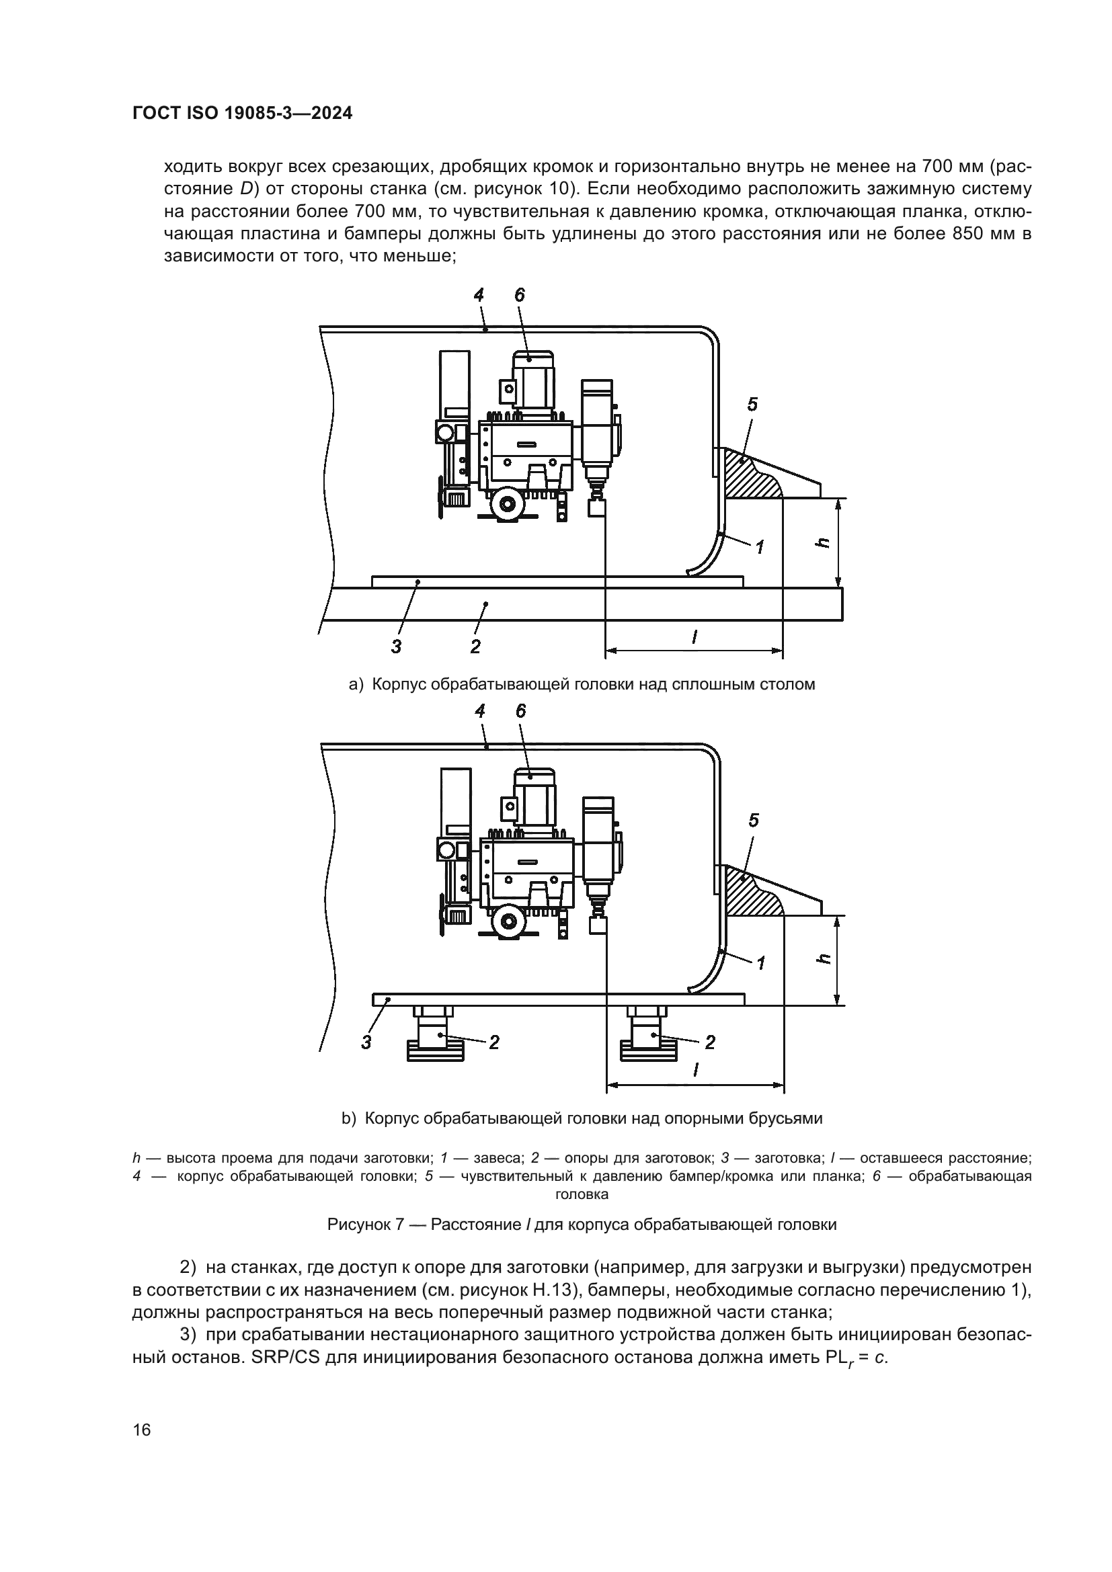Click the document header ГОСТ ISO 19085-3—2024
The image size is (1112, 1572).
coord(243,114)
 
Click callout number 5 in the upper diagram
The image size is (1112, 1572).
coord(752,405)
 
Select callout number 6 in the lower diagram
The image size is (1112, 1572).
coord(521,710)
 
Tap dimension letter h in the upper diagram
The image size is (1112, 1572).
coord(824,542)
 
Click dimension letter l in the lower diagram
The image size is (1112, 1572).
coord(696,1069)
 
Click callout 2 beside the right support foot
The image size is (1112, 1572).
coord(709,1042)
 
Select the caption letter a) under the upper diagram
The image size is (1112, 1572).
coord(356,684)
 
